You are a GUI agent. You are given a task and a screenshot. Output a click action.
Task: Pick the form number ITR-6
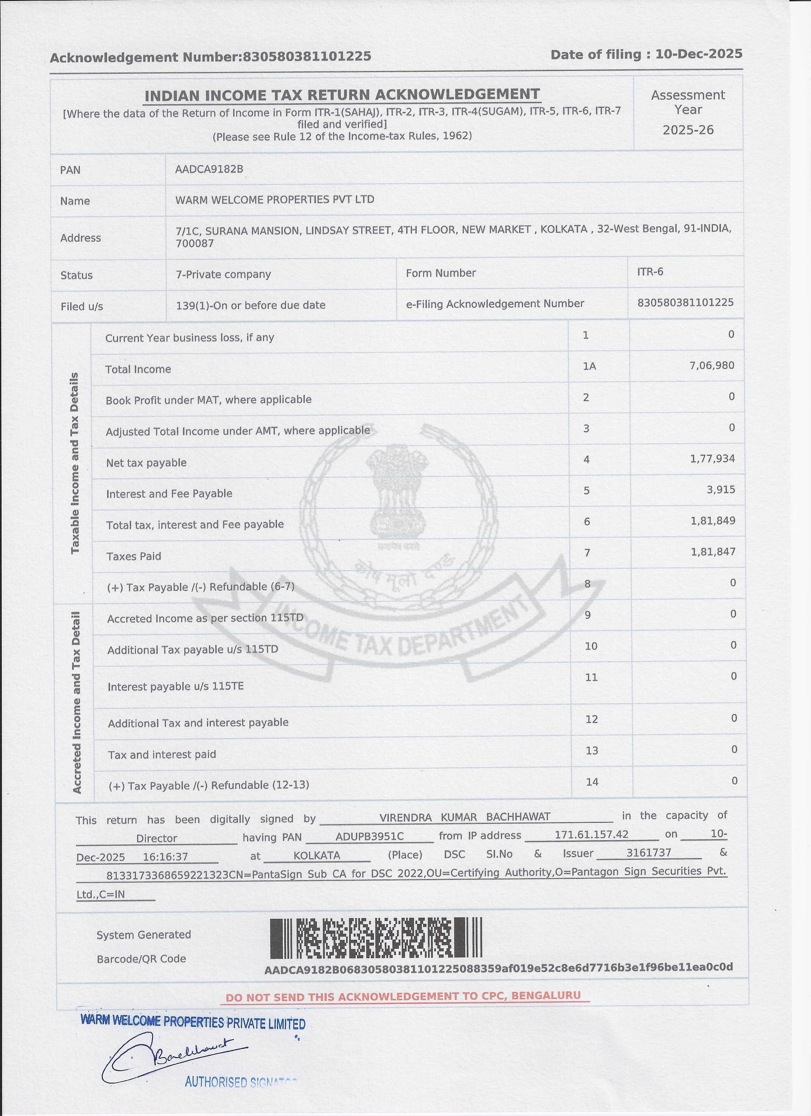coord(650,272)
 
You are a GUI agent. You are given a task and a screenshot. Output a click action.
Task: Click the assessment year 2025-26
coord(688,130)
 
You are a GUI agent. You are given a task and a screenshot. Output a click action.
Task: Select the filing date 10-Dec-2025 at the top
coord(698,54)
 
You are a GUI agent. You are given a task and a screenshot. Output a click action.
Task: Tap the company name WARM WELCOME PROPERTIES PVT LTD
coord(274,199)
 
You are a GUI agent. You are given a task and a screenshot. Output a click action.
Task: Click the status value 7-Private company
coord(223,274)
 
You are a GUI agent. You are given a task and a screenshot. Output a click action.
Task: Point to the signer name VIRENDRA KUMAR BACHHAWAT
coord(464,817)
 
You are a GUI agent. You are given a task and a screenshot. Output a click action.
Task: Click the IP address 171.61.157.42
coord(591,834)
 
